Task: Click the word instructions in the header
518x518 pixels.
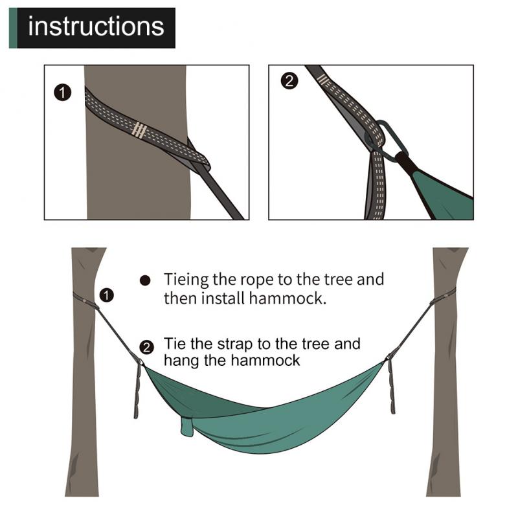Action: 96,27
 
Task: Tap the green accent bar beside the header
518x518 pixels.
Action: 12,28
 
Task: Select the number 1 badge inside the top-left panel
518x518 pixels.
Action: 62,93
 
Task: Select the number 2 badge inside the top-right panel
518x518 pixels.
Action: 289,81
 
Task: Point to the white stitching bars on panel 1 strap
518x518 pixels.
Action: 138,129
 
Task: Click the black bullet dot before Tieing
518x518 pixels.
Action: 146,281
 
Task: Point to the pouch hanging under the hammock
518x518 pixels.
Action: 187,426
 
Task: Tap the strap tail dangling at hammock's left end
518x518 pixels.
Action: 138,392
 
